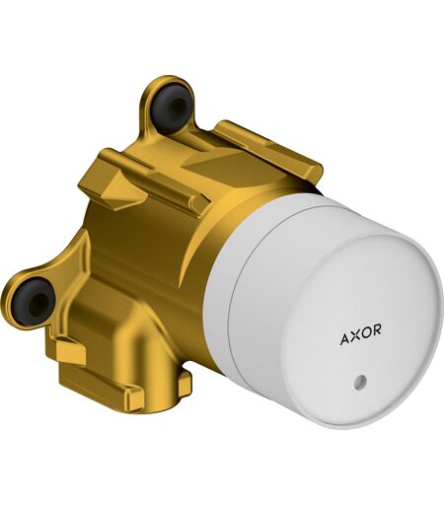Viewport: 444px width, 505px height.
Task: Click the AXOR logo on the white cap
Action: [x=361, y=334]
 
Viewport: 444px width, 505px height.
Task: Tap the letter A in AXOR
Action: [x=345, y=339]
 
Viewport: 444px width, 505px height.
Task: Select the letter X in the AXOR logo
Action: [x=356, y=335]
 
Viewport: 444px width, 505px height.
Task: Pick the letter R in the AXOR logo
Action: [x=377, y=329]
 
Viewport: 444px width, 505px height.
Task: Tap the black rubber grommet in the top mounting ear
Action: [x=172, y=104]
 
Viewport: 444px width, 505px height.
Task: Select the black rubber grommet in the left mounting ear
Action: [x=33, y=301]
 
